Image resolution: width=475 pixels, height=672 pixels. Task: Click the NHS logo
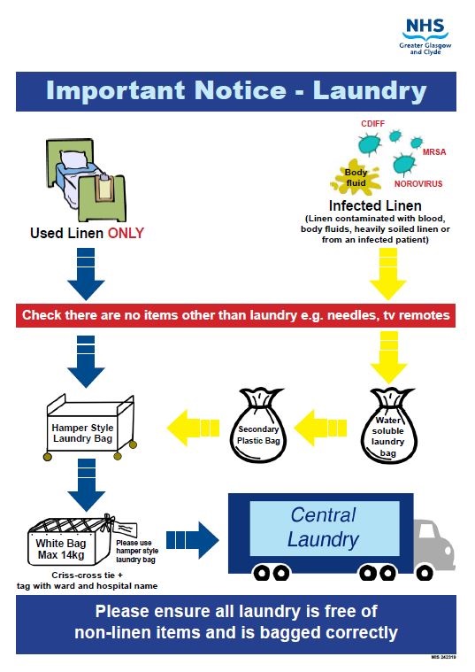click(425, 36)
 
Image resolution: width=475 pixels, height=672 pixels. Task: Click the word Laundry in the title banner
click(370, 92)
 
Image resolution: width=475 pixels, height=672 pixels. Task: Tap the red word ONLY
click(126, 233)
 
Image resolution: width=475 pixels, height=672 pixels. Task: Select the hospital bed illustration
click(86, 179)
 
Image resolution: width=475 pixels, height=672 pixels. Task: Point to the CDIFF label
click(372, 124)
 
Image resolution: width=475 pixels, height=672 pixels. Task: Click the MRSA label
click(434, 151)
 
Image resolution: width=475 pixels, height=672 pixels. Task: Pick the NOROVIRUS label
click(418, 184)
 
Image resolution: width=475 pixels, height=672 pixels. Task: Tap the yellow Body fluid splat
click(355, 176)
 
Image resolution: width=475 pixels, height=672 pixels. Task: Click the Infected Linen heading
click(375, 205)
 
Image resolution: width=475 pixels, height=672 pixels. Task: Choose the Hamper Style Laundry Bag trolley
click(90, 428)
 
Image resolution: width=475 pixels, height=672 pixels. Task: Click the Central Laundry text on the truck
click(324, 527)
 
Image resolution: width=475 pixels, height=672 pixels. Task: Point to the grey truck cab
click(433, 545)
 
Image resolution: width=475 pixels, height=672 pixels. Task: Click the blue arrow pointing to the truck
click(192, 540)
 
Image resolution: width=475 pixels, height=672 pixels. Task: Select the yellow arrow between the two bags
click(320, 429)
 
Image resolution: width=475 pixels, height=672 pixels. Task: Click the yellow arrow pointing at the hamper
click(193, 429)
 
